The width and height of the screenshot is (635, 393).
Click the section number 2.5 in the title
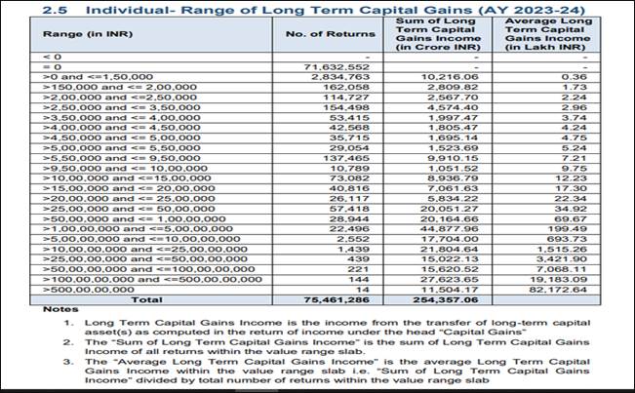(x=55, y=10)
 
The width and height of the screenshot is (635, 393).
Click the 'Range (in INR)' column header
(x=88, y=34)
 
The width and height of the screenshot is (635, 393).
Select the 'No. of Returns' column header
(x=331, y=34)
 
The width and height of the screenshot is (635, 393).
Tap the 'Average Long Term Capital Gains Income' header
(x=548, y=34)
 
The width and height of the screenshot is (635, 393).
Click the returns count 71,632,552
(x=337, y=67)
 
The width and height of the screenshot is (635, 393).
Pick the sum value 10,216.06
(x=453, y=77)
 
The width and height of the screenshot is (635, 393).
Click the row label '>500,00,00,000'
(x=89, y=290)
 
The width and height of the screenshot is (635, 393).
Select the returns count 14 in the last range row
(x=363, y=290)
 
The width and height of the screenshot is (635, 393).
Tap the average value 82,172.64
(x=558, y=290)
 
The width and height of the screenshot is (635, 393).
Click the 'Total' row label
(x=146, y=300)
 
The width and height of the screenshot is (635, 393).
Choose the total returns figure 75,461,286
(x=337, y=300)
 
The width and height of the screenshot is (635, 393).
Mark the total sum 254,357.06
(x=446, y=300)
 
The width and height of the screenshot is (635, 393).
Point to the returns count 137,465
(x=346, y=158)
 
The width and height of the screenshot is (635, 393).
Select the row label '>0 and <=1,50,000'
(x=98, y=77)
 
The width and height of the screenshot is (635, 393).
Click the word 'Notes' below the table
(x=60, y=309)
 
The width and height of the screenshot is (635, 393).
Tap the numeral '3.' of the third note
(x=68, y=362)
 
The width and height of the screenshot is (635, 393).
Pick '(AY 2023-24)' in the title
(x=529, y=10)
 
